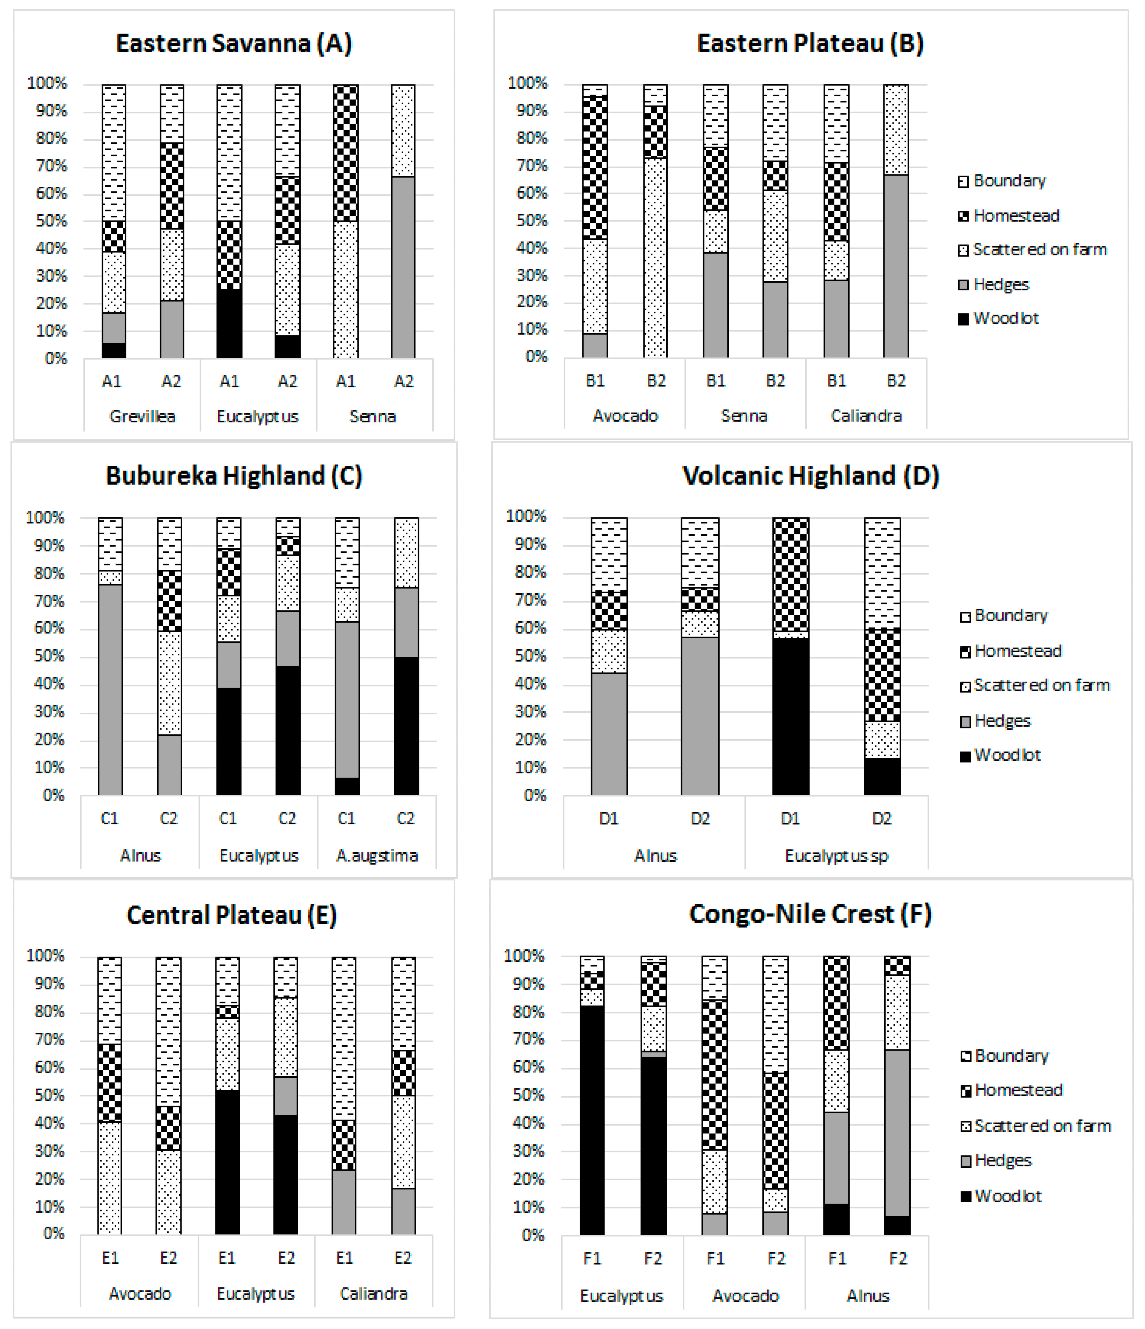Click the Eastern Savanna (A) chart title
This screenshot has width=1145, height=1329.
click(234, 44)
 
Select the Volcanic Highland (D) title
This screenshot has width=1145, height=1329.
click(810, 476)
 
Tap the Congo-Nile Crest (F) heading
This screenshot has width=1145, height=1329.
click(810, 914)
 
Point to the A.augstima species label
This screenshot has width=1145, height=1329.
click(377, 856)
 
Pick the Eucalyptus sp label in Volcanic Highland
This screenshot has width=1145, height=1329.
click(836, 856)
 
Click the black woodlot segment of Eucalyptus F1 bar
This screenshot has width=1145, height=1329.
click(592, 1119)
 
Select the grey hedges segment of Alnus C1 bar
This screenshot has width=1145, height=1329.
click(110, 690)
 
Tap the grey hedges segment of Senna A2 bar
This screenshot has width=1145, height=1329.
click(403, 267)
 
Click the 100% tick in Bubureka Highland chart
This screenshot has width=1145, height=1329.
click(45, 518)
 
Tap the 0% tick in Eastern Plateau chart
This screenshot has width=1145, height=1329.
click(536, 357)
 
